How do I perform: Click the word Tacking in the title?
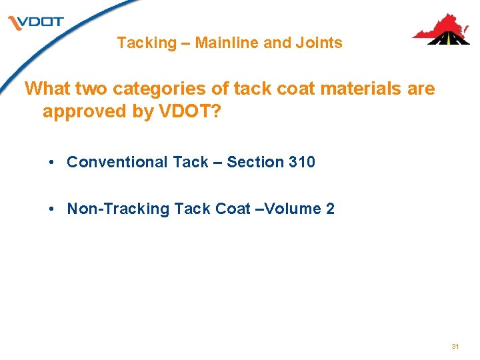point(146,43)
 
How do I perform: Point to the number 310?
point(302,162)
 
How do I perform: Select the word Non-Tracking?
point(119,209)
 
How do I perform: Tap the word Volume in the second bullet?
point(294,209)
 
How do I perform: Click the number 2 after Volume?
point(330,209)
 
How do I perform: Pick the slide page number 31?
point(455,347)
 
